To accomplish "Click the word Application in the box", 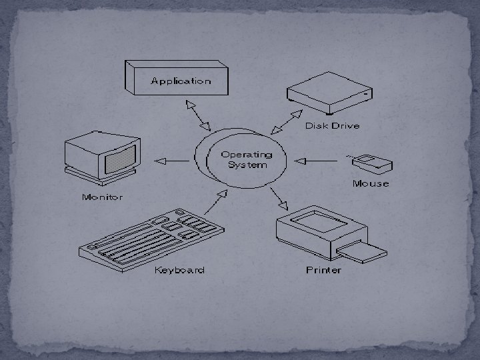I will [x=181, y=81].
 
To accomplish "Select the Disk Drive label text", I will [x=332, y=125].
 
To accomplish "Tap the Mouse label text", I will [x=371, y=183].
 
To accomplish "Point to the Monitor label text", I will [x=102, y=197].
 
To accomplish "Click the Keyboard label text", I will [x=179, y=270].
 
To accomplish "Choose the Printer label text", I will [x=323, y=270].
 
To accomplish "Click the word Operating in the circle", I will [x=247, y=155].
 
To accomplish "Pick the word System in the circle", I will [x=247, y=165].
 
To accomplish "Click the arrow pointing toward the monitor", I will [x=171, y=161].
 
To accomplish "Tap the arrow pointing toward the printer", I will [x=279, y=197].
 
